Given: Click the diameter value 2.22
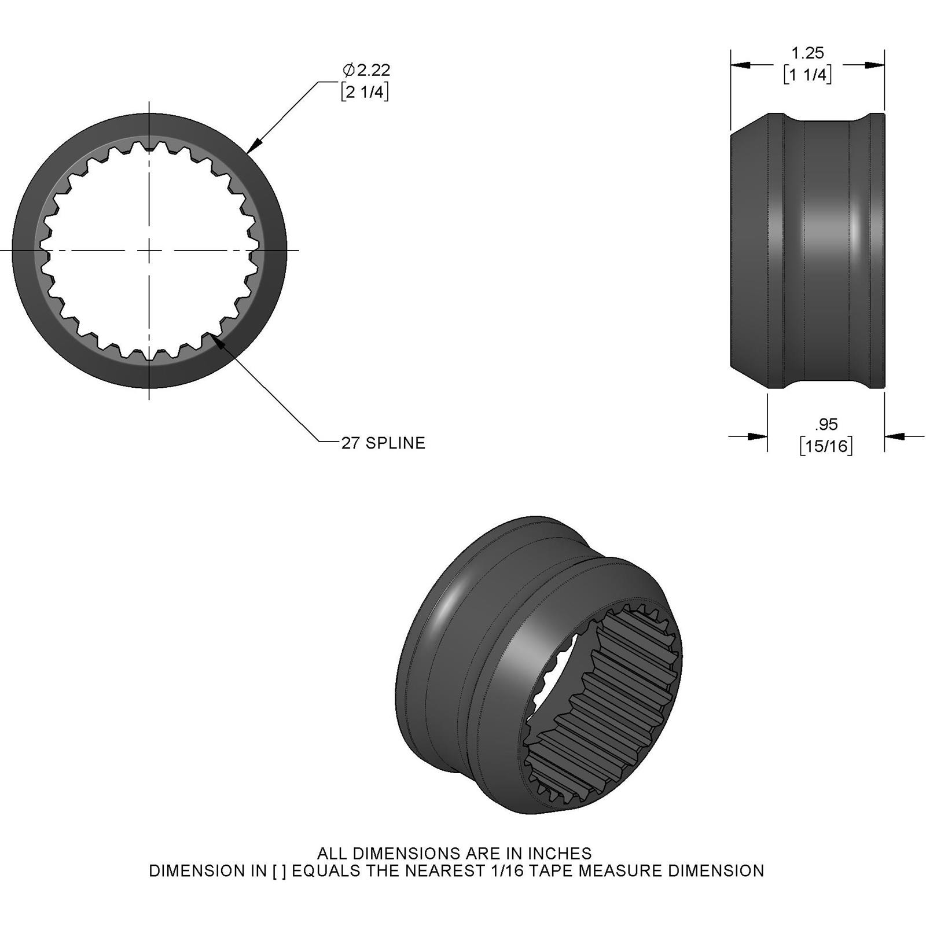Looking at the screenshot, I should click(x=373, y=71).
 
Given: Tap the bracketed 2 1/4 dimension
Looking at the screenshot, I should click(x=365, y=91).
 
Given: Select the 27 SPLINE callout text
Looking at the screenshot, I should click(x=383, y=443).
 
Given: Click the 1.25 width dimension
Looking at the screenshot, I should click(x=807, y=53).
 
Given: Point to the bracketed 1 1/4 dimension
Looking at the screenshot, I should click(x=807, y=75).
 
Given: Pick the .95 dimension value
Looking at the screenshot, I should click(x=826, y=424).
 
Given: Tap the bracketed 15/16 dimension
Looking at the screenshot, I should click(x=826, y=446).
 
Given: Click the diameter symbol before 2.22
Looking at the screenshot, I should click(x=348, y=71).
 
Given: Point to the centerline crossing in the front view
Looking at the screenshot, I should click(x=150, y=251).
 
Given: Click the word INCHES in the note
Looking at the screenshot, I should click(x=559, y=853).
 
